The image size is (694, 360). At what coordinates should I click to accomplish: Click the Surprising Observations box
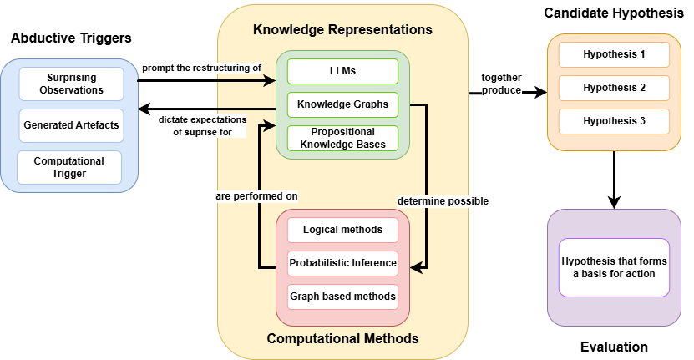70,84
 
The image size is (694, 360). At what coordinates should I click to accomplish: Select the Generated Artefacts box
70,125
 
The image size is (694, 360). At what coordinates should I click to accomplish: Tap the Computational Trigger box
69,167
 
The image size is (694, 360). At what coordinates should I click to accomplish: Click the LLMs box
342,71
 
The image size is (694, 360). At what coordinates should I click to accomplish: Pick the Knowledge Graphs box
342,104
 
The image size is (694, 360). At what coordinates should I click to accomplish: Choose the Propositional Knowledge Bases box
342,138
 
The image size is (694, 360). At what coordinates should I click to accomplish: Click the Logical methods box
342,230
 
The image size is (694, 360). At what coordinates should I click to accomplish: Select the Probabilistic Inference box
342,263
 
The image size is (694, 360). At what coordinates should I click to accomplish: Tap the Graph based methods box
342,296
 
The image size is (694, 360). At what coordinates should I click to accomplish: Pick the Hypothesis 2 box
614,88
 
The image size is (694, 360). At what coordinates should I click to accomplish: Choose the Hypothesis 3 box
614,121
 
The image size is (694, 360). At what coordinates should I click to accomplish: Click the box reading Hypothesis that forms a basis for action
614,267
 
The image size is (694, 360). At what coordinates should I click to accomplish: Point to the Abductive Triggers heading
71,38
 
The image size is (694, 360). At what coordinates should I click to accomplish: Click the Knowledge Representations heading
342,29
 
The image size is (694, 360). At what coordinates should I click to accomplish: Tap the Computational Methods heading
342,339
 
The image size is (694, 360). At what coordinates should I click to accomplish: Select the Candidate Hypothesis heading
614,13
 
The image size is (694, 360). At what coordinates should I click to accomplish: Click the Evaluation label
614,347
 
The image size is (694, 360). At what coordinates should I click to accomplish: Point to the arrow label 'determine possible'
443,201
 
